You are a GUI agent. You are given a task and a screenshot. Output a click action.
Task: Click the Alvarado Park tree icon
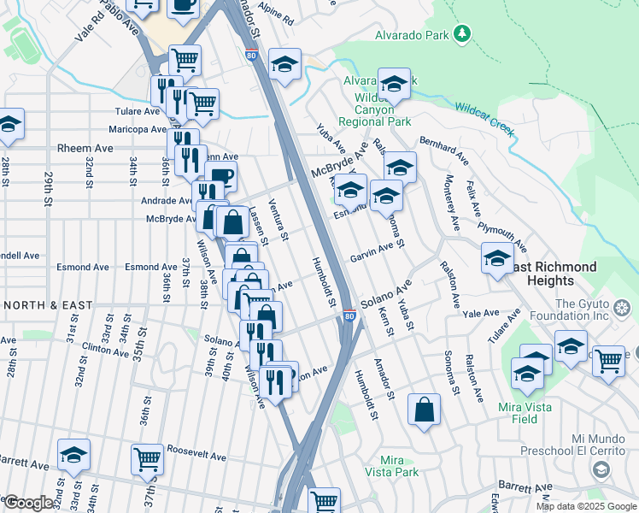(462, 32)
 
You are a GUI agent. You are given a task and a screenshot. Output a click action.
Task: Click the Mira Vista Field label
(519, 413)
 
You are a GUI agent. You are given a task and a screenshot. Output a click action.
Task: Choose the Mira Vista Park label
(391, 466)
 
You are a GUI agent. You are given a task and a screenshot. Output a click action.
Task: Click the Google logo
(27, 503)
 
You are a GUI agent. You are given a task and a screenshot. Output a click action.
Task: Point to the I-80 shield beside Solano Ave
(349, 316)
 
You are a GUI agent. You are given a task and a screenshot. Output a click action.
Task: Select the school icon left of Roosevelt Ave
(73, 456)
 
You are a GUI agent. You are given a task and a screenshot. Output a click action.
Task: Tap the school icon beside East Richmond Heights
(497, 259)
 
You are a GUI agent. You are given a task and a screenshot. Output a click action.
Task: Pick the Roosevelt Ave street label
(196, 457)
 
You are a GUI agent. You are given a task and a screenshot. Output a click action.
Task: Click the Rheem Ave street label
(85, 148)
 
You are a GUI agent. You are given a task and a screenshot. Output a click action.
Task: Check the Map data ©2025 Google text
(585, 506)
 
